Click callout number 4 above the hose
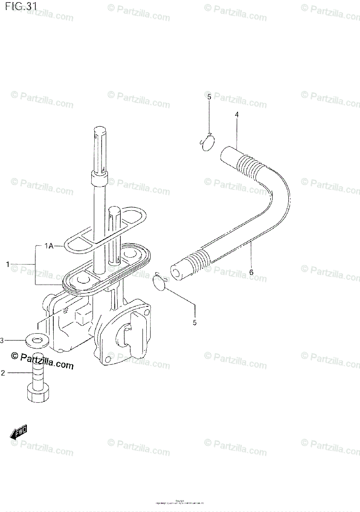point(236,114)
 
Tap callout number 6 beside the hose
point(251,272)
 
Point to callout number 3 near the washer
point(2,340)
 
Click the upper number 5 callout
point(209,97)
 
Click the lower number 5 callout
point(195,323)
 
